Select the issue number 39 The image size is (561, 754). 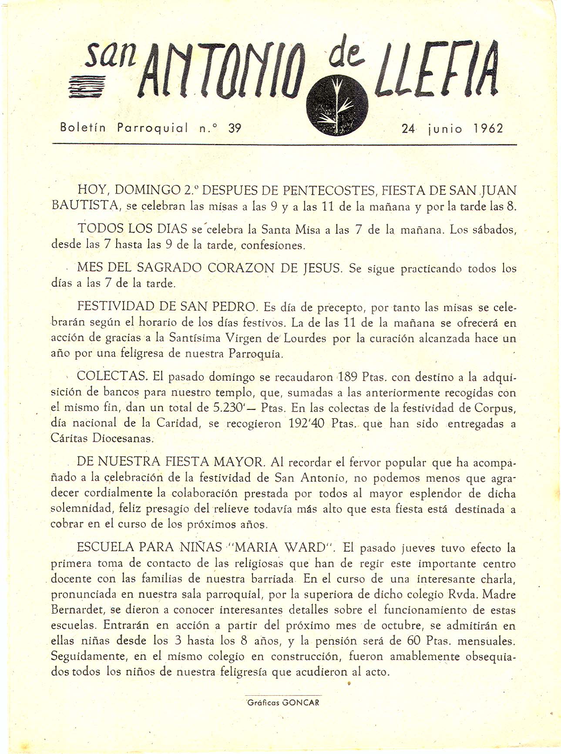tap(235, 128)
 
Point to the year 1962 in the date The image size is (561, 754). tap(488, 128)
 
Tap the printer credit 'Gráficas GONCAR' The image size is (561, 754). tap(283, 703)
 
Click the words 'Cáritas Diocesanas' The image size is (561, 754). tap(102, 438)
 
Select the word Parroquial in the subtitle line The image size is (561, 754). tap(152, 128)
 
